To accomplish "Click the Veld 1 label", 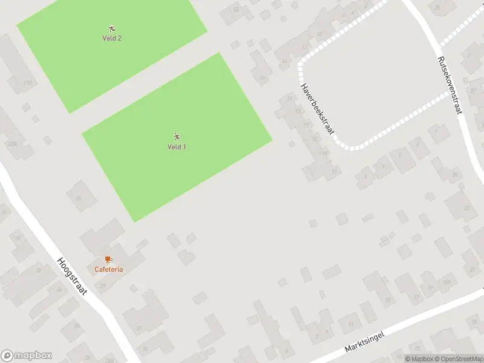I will click(177, 147).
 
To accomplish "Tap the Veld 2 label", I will click(112, 38).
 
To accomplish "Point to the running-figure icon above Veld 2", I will click(112, 28).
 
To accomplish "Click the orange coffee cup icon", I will click(108, 260).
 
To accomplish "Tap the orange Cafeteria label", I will click(109, 269).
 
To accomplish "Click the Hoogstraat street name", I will click(72, 276).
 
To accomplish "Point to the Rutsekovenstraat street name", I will click(450, 85).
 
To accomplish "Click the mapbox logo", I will click(27, 356).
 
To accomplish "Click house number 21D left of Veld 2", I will click(27, 83).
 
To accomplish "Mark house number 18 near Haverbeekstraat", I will click(262, 78).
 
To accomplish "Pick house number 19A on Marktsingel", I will click(446, 282).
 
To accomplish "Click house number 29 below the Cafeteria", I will click(103, 286).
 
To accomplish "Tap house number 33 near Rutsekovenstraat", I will click(466, 208).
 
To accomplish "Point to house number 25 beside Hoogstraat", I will click(59, 290).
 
